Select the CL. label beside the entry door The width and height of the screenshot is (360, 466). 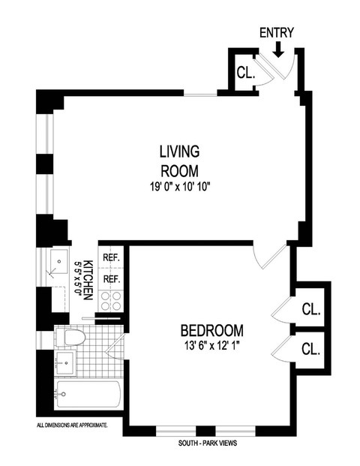click(245, 74)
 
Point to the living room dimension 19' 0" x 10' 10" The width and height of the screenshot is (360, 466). click(178, 186)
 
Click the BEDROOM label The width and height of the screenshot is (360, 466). click(211, 330)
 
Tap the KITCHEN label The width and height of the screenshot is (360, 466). click(88, 281)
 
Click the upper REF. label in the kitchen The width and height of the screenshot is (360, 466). click(112, 258)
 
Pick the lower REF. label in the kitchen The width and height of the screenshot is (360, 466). click(112, 278)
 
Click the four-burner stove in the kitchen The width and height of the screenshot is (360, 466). click(112, 301)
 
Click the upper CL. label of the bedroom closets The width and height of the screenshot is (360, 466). click(310, 309)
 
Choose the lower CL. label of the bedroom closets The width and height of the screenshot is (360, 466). click(310, 349)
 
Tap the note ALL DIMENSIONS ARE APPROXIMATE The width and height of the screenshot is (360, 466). click(72, 425)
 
